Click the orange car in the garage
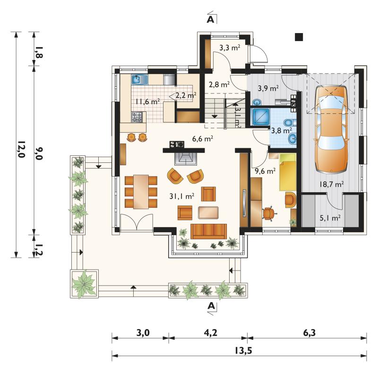tap(332, 129)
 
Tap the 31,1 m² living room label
tap(182, 196)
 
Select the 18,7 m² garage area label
tap(332, 184)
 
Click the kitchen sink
tap(139, 79)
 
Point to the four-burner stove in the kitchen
tap(137, 117)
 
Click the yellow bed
tap(288, 172)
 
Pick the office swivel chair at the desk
tap(268, 213)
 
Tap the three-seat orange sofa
tap(208, 231)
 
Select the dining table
tap(141, 192)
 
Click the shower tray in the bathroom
tap(261, 117)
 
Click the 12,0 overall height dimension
tap(21, 149)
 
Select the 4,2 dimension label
tap(210, 333)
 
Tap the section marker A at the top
tap(210, 19)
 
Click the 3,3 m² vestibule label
tap(230, 48)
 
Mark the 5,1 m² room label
tap(330, 218)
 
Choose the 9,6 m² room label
tap(265, 171)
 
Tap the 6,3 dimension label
tap(309, 333)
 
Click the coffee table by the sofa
tap(208, 212)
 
